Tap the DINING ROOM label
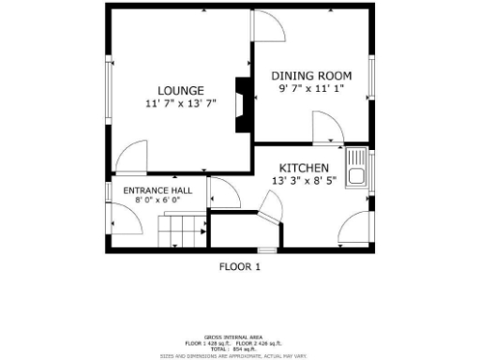(311, 75)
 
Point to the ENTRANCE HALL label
(157, 190)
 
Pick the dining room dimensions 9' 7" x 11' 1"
(311, 87)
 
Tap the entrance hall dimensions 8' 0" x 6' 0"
(157, 201)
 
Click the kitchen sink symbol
(356, 167)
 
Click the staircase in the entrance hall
(181, 230)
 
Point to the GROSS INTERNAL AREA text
(239, 337)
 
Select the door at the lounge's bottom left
(131, 157)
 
